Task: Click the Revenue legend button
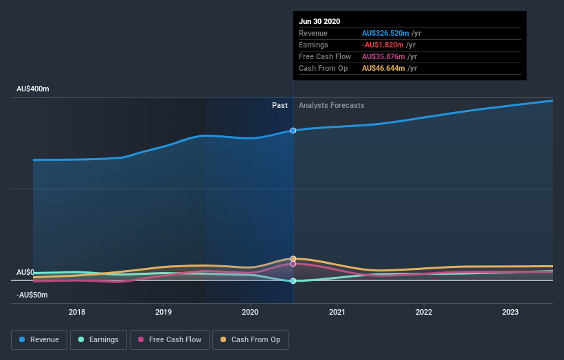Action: click(x=40, y=339)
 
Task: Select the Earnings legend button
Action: click(x=99, y=339)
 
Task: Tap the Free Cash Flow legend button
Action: click(x=169, y=339)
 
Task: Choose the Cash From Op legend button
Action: click(x=251, y=339)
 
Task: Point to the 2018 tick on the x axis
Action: click(x=77, y=311)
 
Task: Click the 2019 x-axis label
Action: click(x=163, y=311)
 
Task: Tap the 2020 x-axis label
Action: click(x=250, y=311)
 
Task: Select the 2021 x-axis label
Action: click(x=337, y=311)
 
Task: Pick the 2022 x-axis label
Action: click(x=423, y=311)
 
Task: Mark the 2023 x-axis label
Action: click(x=510, y=311)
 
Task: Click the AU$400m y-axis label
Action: click(x=33, y=89)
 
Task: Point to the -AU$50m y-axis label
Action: click(x=32, y=295)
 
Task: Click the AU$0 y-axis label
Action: click(x=25, y=272)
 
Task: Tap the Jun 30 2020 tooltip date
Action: click(x=319, y=21)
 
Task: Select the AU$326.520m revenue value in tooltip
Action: click(x=385, y=33)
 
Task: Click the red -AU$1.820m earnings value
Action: click(x=385, y=45)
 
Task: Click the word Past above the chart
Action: click(x=280, y=105)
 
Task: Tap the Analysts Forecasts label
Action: click(x=331, y=105)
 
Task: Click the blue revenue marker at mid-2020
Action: click(x=293, y=130)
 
